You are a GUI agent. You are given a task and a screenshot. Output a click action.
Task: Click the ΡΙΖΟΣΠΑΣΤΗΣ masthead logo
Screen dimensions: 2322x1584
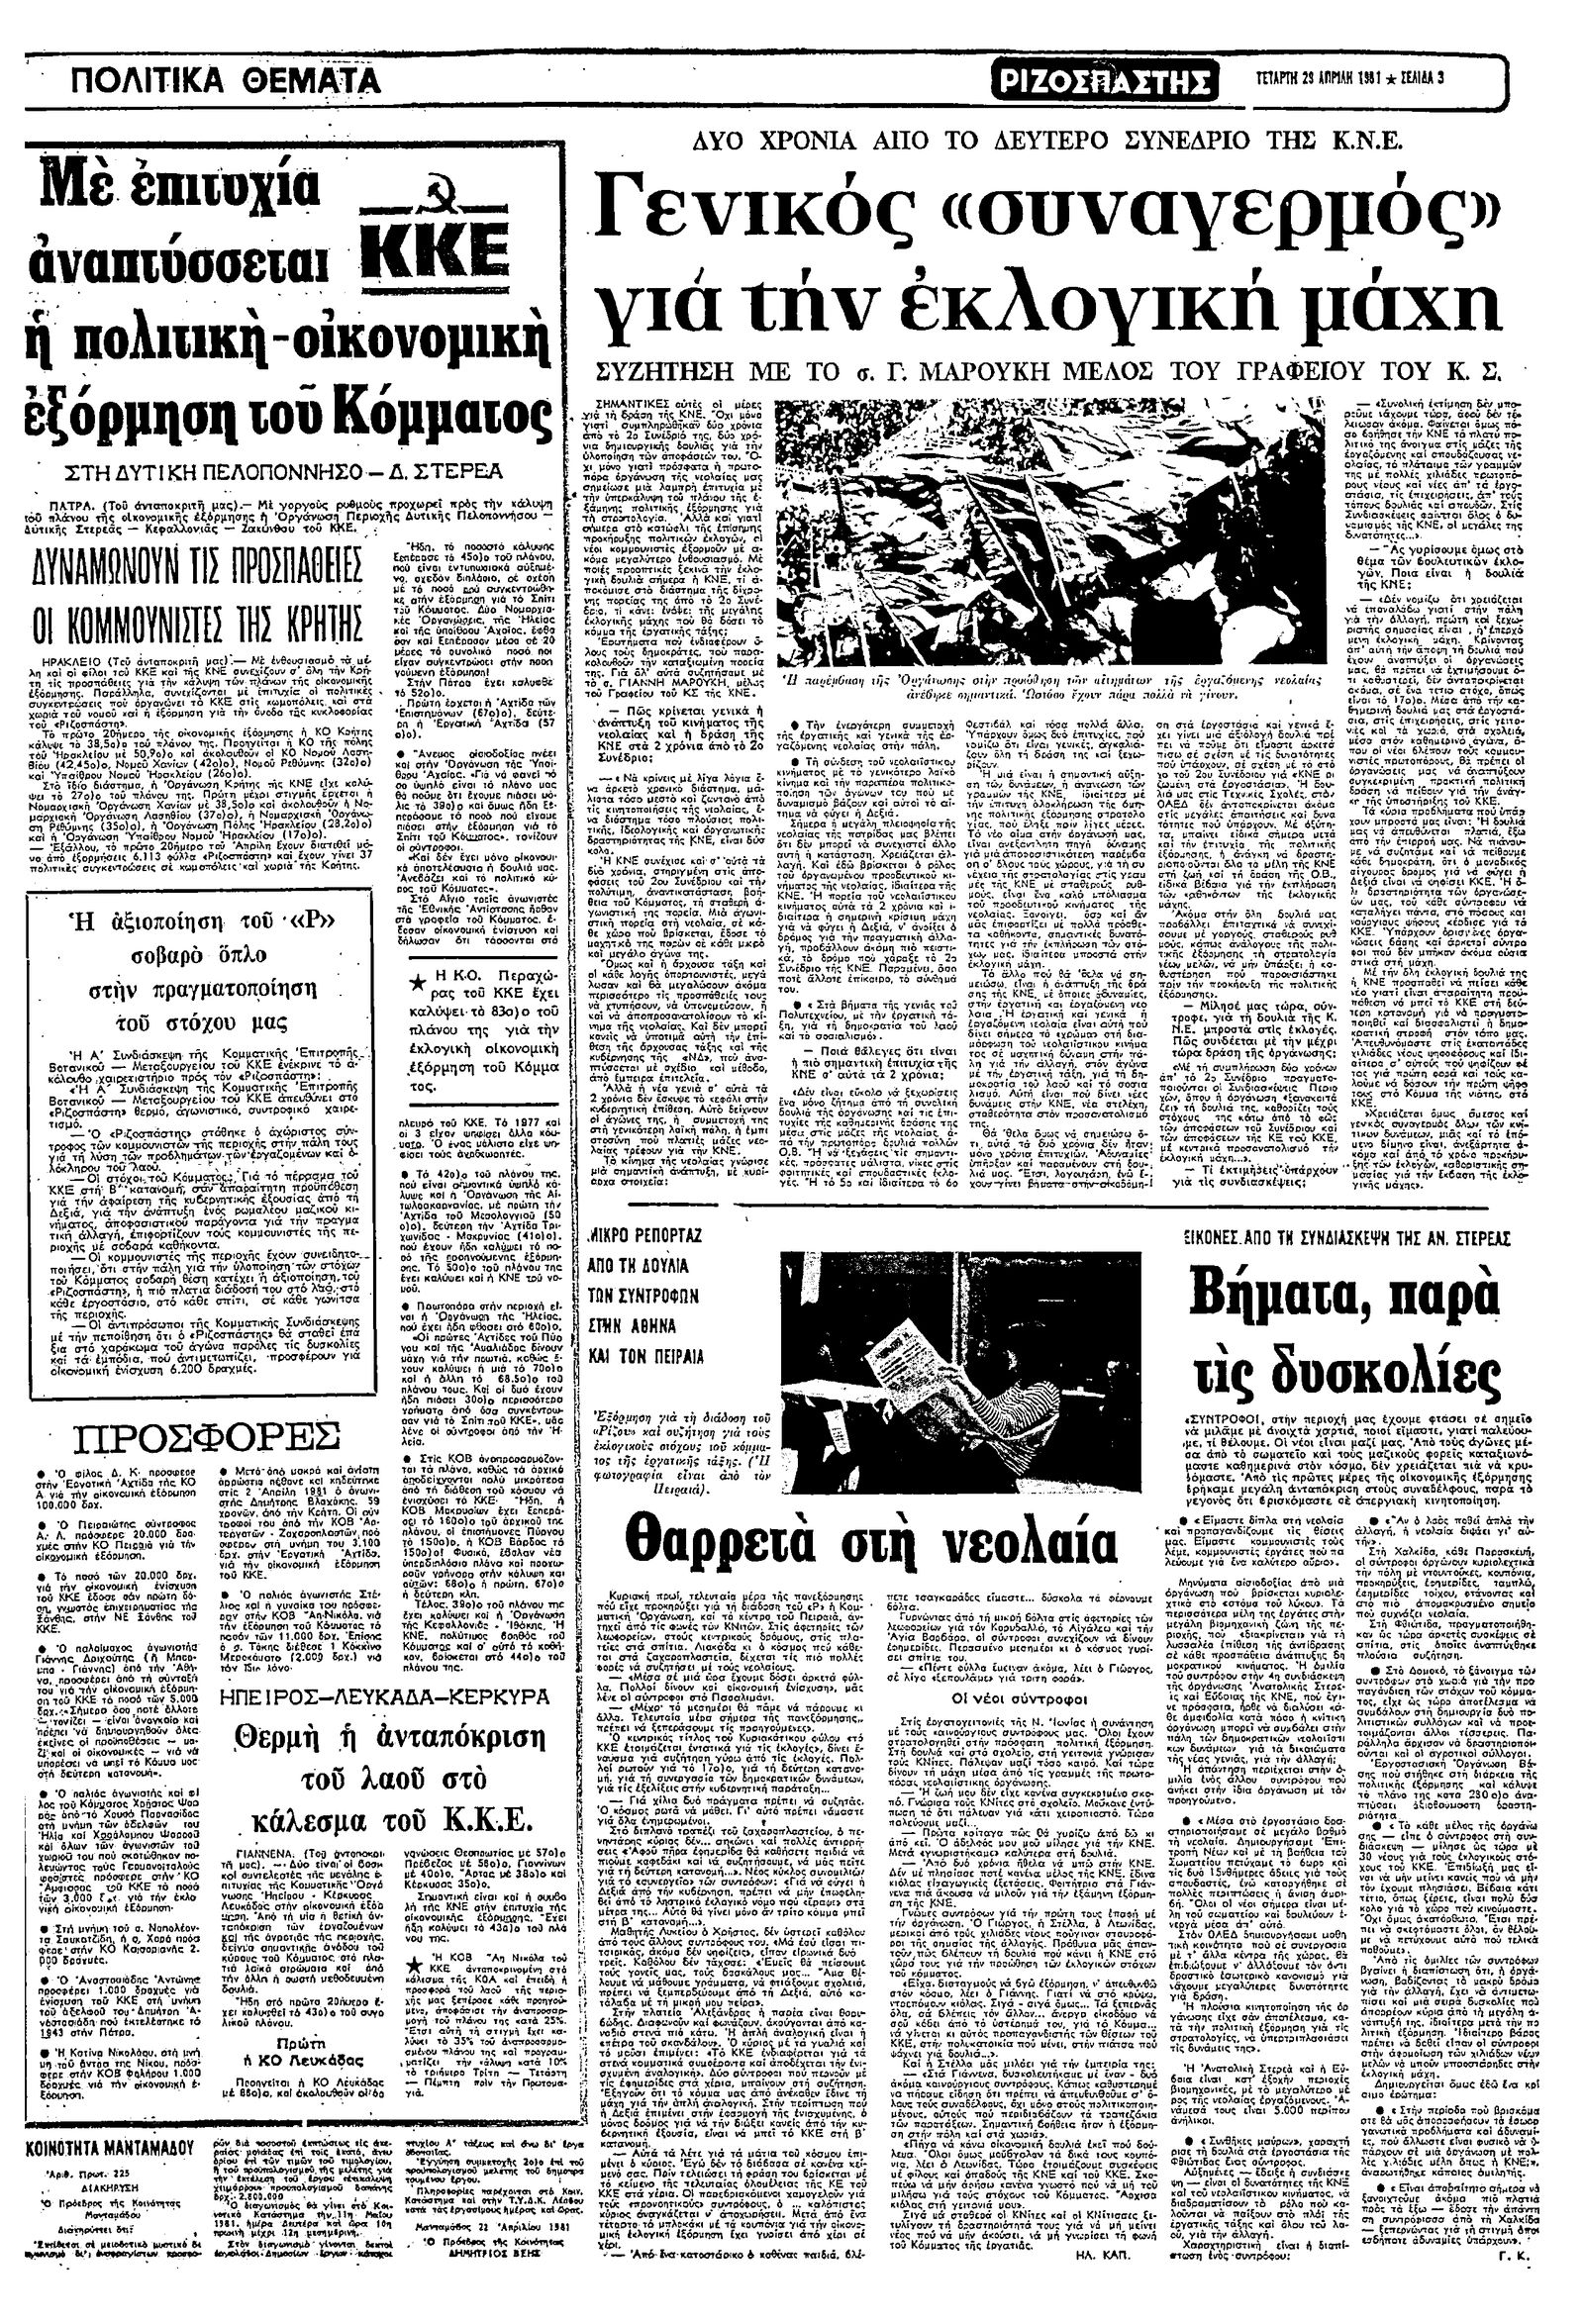click(x=1106, y=78)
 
